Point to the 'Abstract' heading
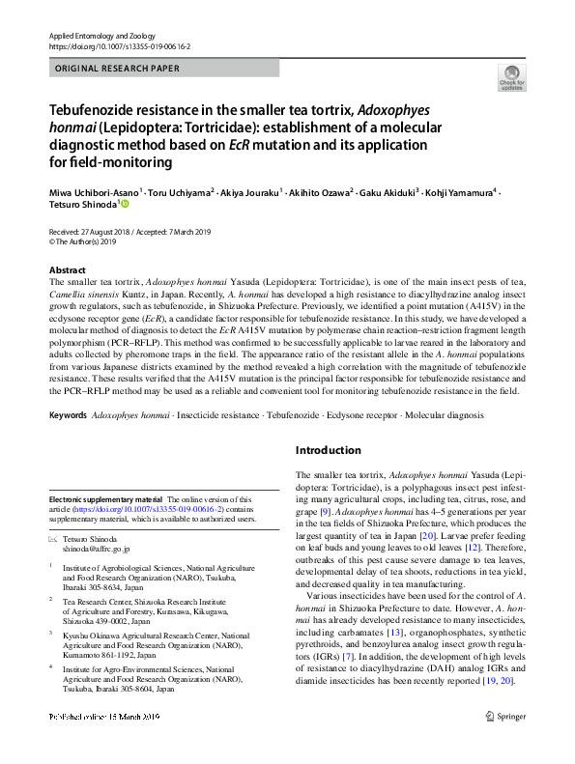tap(68, 269)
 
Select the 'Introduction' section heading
tap(328, 450)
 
